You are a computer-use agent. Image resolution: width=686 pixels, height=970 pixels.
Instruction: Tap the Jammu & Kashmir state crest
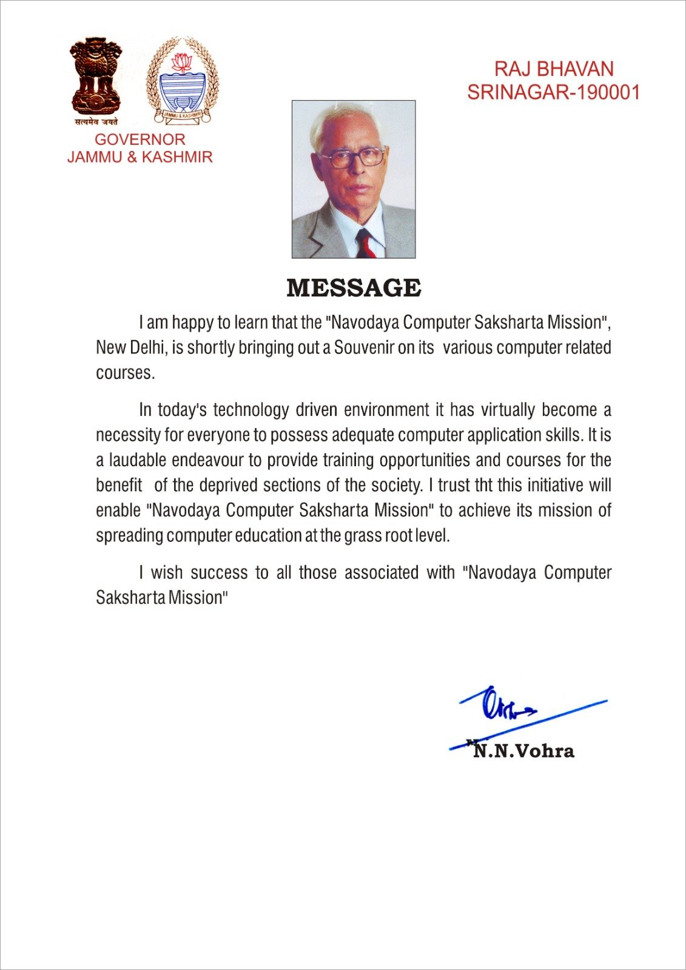pyautogui.click(x=183, y=81)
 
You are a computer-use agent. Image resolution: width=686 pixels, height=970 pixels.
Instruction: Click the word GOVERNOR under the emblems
pyautogui.click(x=140, y=139)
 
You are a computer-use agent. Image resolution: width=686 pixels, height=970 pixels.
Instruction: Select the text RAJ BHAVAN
pyautogui.click(x=554, y=69)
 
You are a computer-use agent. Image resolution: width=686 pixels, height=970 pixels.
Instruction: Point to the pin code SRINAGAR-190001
pyautogui.click(x=553, y=92)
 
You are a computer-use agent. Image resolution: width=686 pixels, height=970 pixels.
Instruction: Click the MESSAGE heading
pyautogui.click(x=354, y=288)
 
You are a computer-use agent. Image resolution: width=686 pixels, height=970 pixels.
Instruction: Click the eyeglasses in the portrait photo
pyautogui.click(x=352, y=158)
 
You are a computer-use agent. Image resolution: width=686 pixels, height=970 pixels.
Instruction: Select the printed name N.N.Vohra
pyautogui.click(x=523, y=751)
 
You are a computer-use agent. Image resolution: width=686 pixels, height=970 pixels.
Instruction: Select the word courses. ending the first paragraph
pyautogui.click(x=125, y=373)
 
